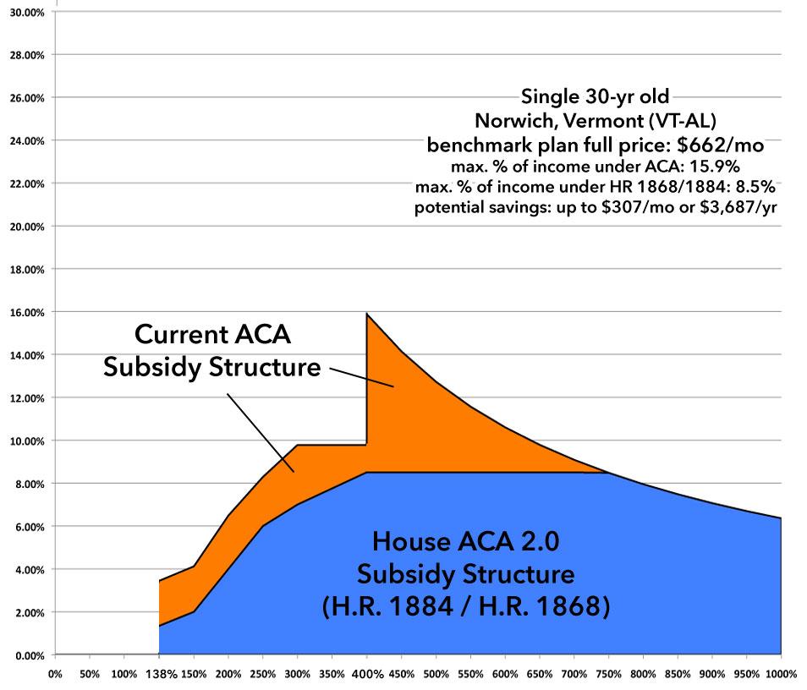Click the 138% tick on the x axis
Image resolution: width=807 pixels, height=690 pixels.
pos(159,675)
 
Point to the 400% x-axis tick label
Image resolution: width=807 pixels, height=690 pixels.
pos(366,675)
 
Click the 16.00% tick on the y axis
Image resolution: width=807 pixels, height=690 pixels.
pos(27,312)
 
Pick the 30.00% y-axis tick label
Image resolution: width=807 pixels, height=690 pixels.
pos(27,12)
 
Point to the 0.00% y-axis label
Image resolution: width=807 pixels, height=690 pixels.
pos(30,655)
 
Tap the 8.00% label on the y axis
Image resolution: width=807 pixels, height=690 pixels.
pos(30,484)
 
